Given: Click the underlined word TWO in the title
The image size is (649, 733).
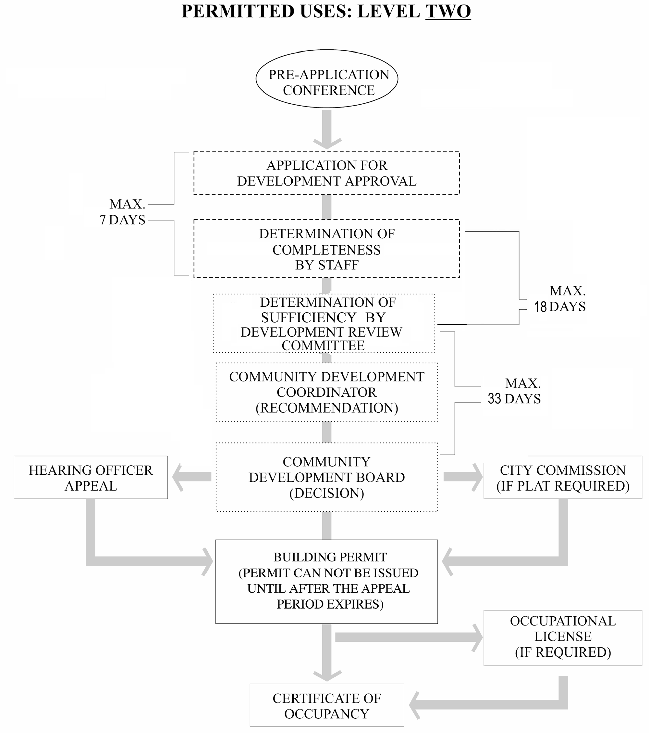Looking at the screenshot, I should pyautogui.click(x=448, y=11).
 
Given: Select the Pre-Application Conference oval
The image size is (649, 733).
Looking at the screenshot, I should pyautogui.click(x=327, y=79).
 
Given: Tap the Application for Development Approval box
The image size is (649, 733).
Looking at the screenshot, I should pyautogui.click(x=327, y=173).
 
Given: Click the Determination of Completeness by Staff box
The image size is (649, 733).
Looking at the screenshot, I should pyautogui.click(x=327, y=249).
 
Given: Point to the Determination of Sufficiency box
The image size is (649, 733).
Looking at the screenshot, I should pyautogui.click(x=324, y=324).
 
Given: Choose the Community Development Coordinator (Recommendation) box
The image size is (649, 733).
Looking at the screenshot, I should pyautogui.click(x=327, y=392).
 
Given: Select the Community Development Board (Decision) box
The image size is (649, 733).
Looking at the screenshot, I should pyautogui.click(x=327, y=477).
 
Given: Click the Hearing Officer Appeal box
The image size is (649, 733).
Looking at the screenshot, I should pyautogui.click(x=91, y=477).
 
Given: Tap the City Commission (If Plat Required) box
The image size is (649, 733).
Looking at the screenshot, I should pyautogui.click(x=563, y=477).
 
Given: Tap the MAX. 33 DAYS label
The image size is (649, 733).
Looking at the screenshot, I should pyautogui.click(x=515, y=391).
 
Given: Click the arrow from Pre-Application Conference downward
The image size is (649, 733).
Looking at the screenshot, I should pyautogui.click(x=327, y=129).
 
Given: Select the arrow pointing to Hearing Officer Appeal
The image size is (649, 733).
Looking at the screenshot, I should pyautogui.click(x=192, y=477).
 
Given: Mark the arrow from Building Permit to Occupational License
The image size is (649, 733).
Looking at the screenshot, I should pyautogui.click(x=408, y=637).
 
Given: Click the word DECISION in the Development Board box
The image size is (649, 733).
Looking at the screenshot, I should pyautogui.click(x=327, y=493).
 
